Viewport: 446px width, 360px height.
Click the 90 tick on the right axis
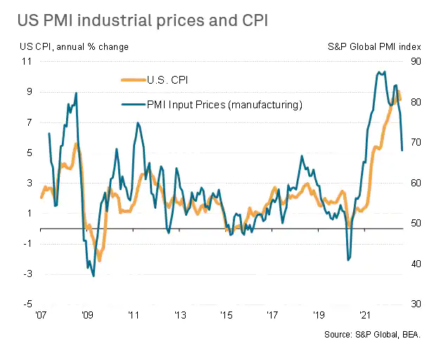coord(415,61)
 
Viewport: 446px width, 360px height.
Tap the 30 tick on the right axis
coord(415,304)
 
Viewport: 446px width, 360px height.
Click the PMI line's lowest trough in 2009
coord(94,276)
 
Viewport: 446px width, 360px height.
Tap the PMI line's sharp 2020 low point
coord(348,260)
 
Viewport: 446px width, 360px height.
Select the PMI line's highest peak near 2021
coord(380,71)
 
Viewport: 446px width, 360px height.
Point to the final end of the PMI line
coord(402,150)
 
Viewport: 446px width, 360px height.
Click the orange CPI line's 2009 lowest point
coord(99,260)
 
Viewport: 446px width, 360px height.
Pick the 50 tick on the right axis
coord(415,224)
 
